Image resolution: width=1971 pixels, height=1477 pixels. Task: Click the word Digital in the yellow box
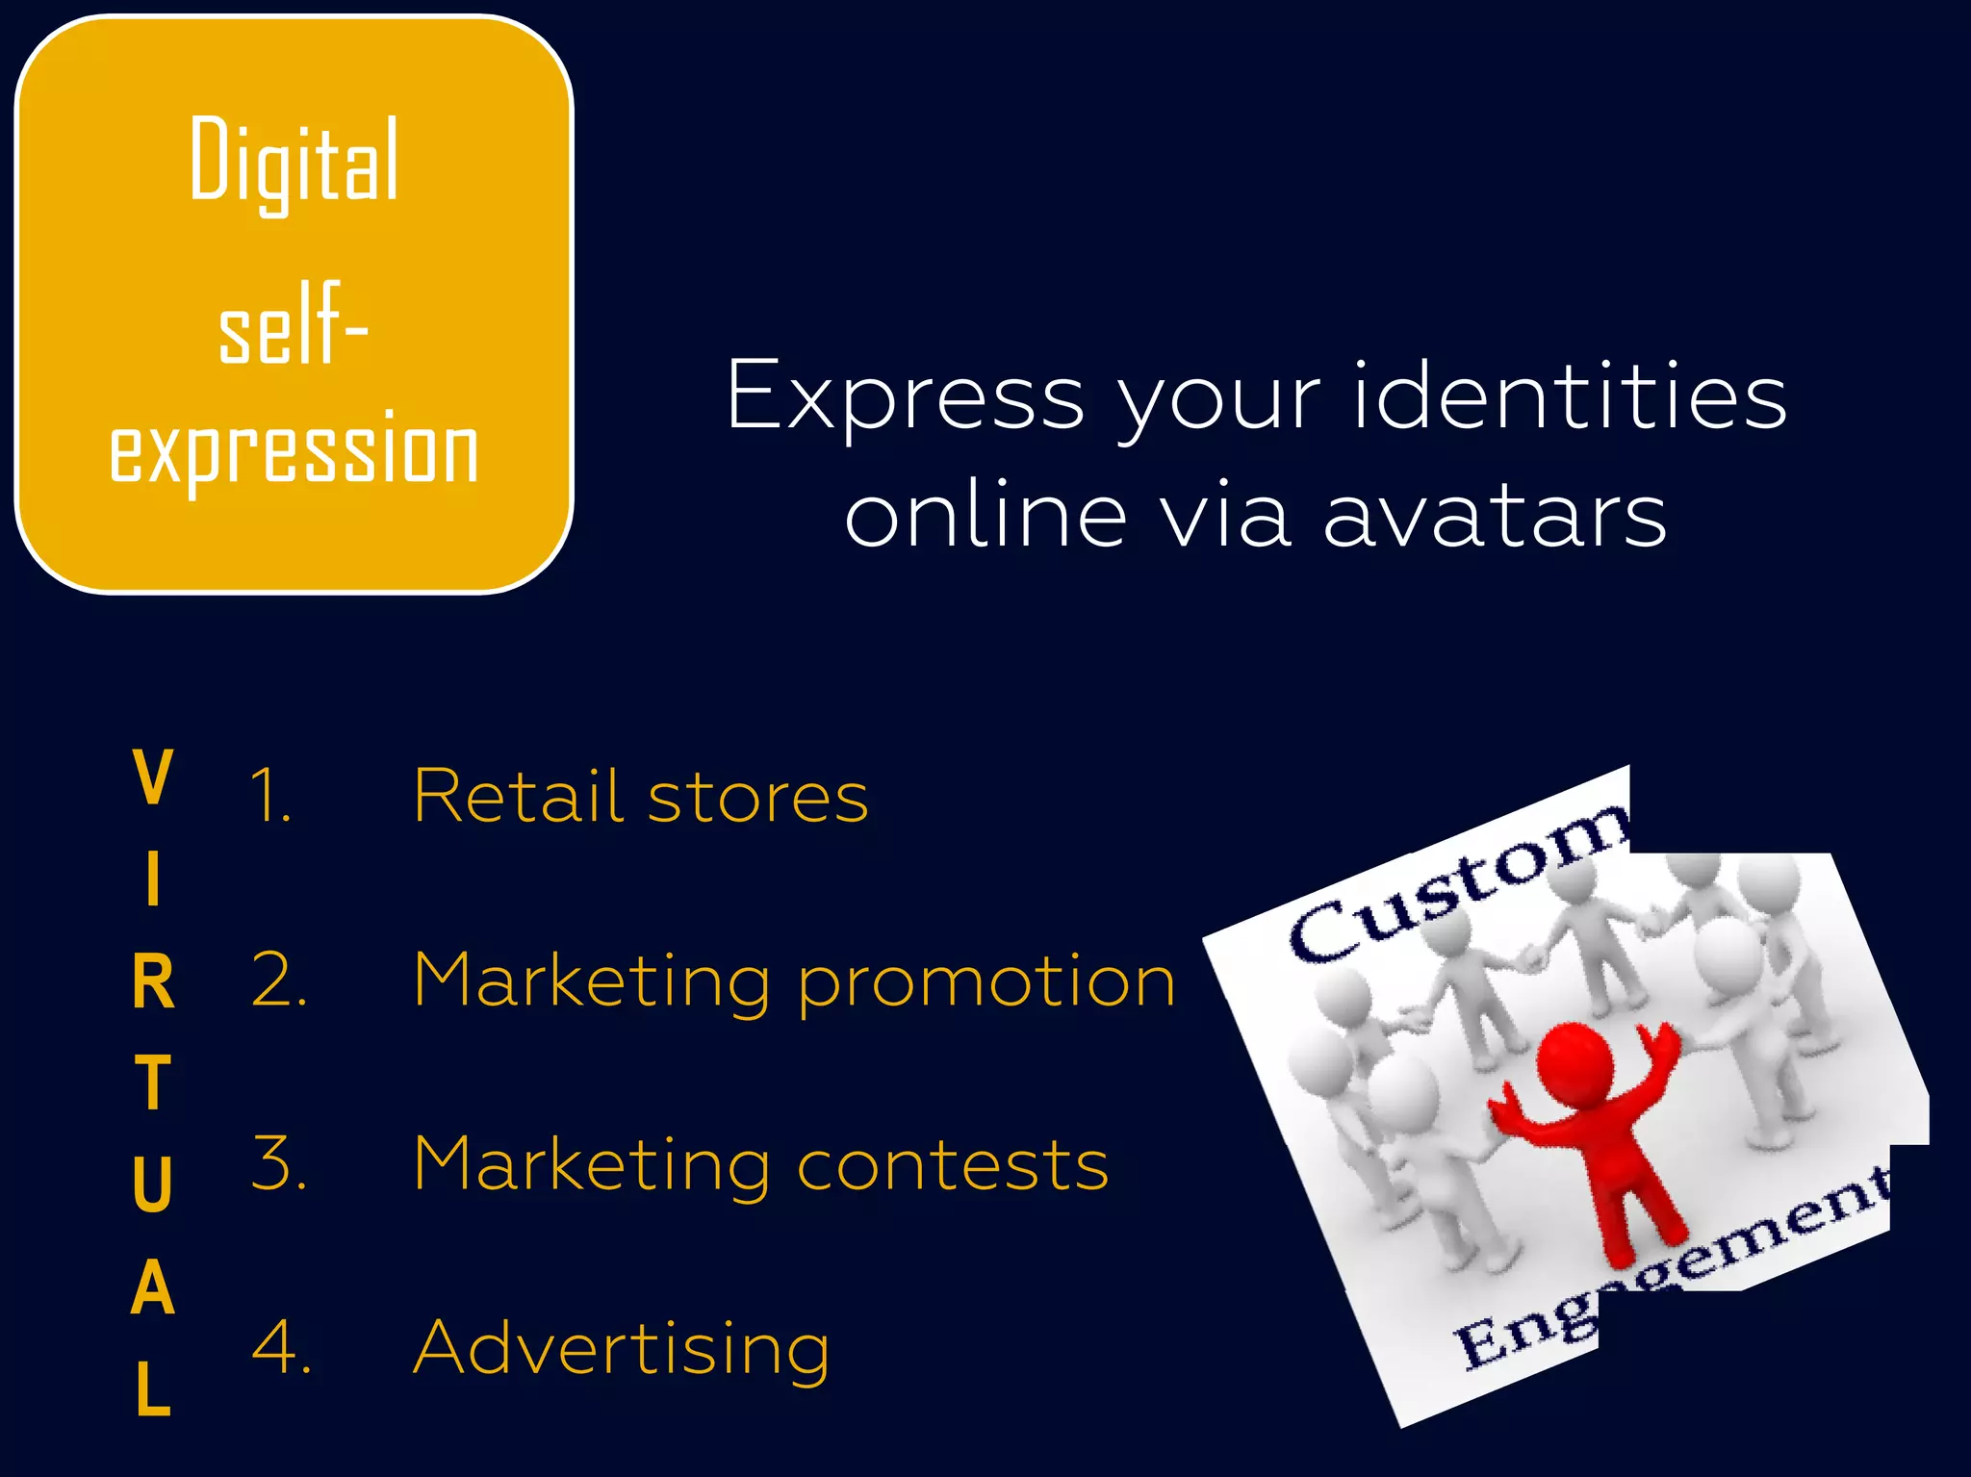click(294, 161)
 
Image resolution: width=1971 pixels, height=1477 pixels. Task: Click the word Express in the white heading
click(905, 396)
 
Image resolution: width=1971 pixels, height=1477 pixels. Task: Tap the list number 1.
click(269, 797)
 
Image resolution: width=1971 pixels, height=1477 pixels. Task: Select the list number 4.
click(280, 1347)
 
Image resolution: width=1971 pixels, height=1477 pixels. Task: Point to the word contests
click(953, 1164)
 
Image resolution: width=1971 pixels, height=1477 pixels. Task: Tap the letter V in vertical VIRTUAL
click(153, 777)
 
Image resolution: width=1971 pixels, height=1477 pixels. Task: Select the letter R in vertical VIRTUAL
click(153, 982)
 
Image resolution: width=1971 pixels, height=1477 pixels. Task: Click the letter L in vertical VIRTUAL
click(153, 1389)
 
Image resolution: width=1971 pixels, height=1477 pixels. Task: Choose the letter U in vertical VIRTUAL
click(153, 1184)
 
